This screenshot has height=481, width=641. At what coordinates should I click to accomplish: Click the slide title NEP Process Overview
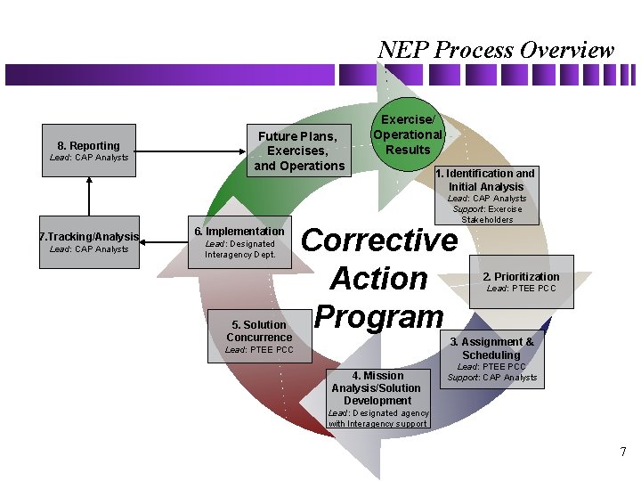(495, 50)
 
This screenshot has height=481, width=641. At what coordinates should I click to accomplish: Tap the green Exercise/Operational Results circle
(408, 135)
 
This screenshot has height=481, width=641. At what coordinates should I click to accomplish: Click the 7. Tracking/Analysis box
(89, 241)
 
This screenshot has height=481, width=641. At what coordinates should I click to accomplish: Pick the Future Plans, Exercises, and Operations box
(298, 151)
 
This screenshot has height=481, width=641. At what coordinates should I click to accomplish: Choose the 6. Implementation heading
(239, 232)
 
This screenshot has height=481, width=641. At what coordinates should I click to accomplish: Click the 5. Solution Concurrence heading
(259, 330)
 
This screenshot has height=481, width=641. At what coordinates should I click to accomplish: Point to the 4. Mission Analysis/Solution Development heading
(376, 387)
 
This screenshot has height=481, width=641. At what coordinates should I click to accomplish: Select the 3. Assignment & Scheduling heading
(491, 348)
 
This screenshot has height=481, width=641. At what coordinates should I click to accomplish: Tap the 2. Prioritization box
(522, 281)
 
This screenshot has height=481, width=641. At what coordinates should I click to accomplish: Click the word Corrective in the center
(380, 240)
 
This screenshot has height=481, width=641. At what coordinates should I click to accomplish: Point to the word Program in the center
(379, 316)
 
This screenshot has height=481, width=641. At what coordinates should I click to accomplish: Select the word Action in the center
(379, 279)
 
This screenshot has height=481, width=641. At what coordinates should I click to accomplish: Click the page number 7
(623, 452)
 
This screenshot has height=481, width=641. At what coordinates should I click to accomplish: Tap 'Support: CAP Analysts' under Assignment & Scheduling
(492, 378)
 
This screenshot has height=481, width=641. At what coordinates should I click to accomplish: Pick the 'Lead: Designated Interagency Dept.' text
(240, 249)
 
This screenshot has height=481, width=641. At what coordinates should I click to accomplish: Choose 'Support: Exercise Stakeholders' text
(488, 214)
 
